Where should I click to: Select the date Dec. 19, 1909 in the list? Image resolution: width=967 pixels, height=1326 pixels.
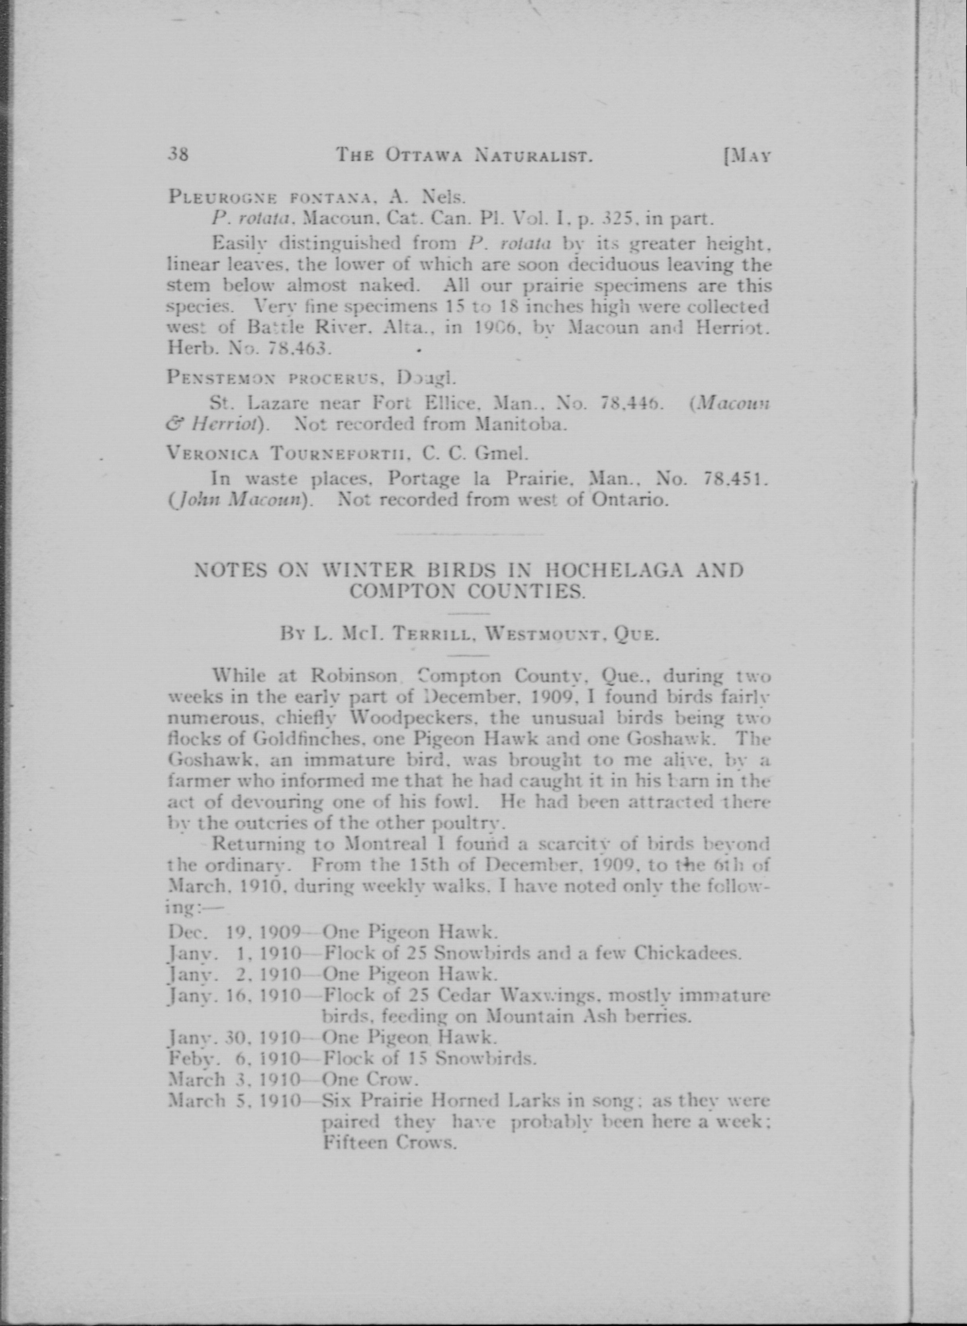pos(234,932)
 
